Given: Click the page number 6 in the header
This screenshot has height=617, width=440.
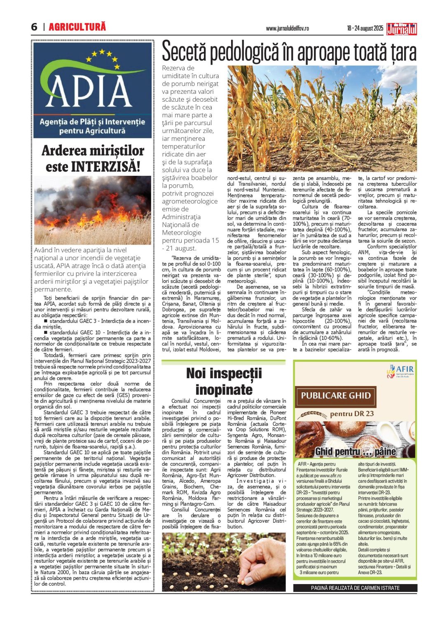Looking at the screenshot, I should click(x=34, y=27).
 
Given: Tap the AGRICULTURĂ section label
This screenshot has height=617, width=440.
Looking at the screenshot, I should click(x=77, y=27).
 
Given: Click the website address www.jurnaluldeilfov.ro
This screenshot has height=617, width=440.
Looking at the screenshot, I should click(x=287, y=28).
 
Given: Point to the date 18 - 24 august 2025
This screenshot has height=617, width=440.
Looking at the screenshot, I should click(x=365, y=28).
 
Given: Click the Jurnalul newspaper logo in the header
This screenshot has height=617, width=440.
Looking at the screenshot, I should click(x=402, y=28).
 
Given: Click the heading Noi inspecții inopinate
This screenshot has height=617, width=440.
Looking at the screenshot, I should click(x=224, y=381).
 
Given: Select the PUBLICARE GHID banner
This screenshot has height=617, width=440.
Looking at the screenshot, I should click(x=336, y=396).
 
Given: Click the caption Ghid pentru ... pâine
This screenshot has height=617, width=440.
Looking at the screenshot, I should click(x=356, y=452).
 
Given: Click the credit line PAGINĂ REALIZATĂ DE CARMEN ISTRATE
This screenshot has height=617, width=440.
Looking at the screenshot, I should click(x=355, y=588).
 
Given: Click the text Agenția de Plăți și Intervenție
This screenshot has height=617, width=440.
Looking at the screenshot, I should click(x=92, y=122).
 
